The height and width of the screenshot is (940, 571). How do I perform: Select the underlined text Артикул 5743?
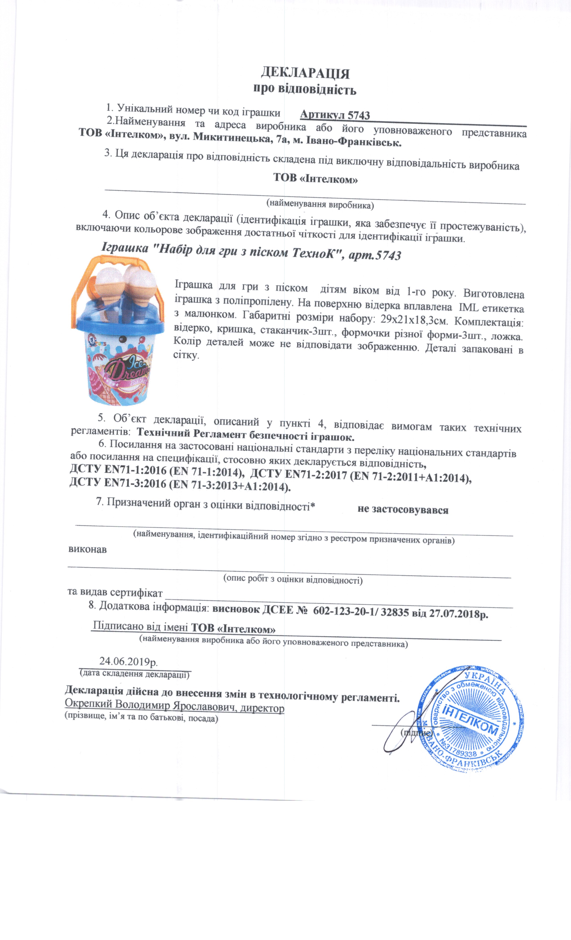(x=335, y=115)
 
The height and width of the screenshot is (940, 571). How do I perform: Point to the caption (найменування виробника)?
(x=320, y=205)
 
